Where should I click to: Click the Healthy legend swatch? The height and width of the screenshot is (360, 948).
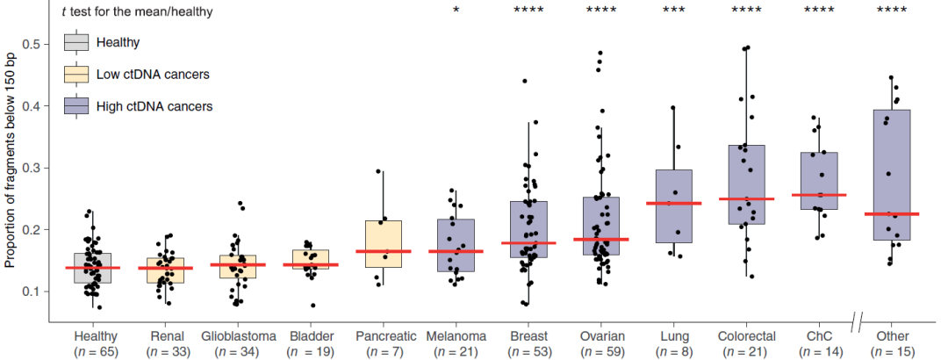tap(77, 42)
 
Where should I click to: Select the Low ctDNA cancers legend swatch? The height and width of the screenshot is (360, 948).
tap(77, 74)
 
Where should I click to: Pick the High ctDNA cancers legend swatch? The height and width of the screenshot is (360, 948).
tap(77, 106)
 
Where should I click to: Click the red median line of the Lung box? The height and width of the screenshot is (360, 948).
tap(673, 204)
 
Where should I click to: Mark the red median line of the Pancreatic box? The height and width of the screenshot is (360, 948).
tap(383, 252)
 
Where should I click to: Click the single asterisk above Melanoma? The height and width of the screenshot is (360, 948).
tap(456, 11)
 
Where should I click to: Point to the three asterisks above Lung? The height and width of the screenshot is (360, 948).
tap(673, 11)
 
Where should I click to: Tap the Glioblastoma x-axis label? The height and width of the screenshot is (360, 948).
tap(239, 336)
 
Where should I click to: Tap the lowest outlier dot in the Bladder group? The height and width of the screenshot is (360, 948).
tap(313, 305)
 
